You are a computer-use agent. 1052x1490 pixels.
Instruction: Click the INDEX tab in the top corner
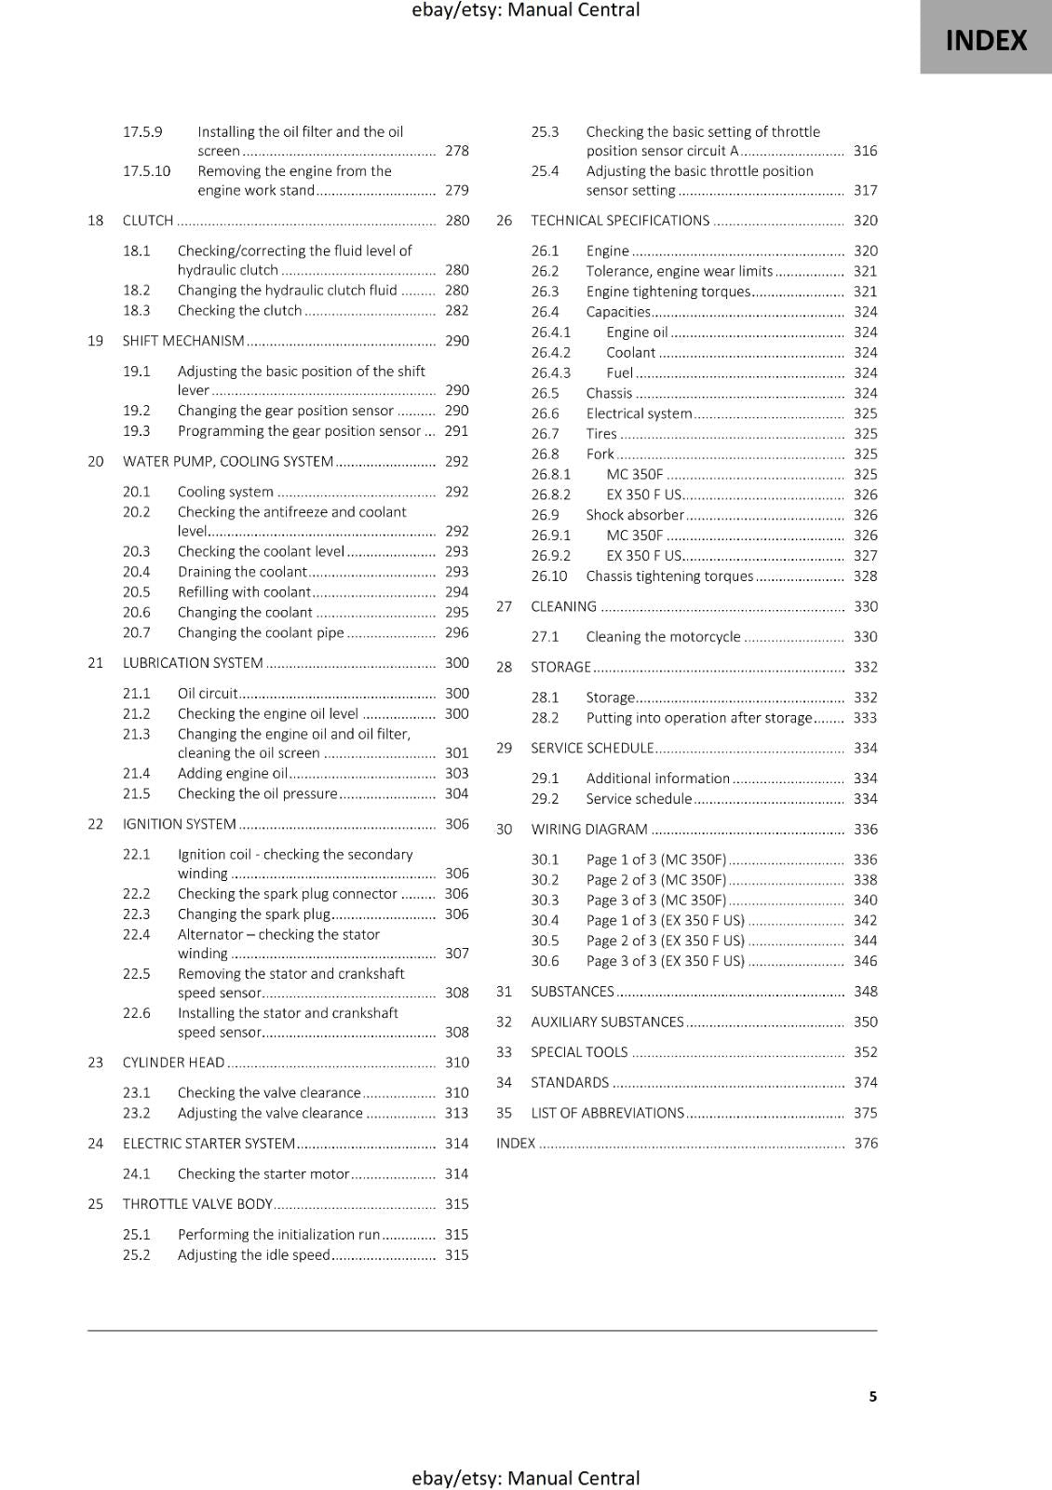point(986,40)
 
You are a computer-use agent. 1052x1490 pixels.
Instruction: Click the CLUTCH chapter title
point(148,221)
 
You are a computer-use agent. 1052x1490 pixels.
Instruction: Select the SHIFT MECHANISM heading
point(183,341)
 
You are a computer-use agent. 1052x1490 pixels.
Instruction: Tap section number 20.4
point(136,572)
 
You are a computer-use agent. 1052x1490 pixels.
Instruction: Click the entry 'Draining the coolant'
point(242,572)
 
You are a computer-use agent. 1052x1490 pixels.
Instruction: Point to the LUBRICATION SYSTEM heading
point(193,663)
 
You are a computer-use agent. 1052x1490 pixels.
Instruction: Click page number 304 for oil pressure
point(456,793)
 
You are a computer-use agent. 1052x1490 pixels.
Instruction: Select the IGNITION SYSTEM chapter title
point(180,824)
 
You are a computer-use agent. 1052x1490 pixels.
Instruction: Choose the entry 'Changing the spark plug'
point(254,914)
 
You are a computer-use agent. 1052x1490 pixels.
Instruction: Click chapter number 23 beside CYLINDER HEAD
point(96,1063)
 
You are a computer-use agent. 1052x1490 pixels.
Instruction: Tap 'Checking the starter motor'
point(263,1174)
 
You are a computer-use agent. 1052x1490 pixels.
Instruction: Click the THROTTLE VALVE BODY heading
point(197,1204)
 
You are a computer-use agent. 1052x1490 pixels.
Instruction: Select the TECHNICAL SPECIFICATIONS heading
point(620,221)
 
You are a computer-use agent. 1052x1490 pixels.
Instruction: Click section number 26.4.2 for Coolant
point(551,353)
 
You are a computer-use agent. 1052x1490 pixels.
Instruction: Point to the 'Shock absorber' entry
point(635,515)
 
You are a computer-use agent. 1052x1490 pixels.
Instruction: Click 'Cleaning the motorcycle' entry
point(663,637)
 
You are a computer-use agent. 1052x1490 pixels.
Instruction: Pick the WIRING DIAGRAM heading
point(589,830)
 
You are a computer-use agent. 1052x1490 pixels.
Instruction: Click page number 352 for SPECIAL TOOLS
point(865,1052)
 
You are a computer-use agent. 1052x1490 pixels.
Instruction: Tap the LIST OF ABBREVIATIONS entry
point(607,1113)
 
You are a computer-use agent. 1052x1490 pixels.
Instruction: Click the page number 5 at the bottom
point(872,1397)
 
